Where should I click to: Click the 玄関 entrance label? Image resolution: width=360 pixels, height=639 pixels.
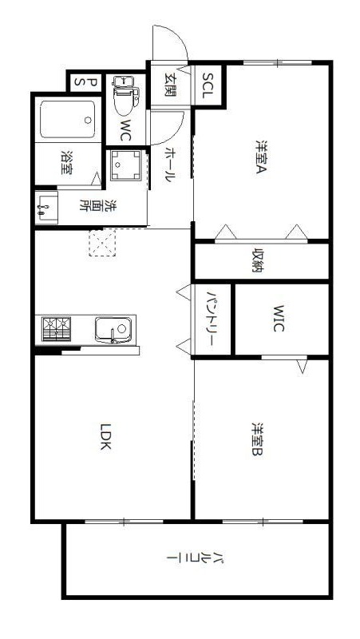tap(170, 85)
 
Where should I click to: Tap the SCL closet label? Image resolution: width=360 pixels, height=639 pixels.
tap(208, 85)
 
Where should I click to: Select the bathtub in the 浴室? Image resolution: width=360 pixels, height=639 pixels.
tap(68, 119)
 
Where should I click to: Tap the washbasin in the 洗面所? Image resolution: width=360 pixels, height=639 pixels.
tap(46, 208)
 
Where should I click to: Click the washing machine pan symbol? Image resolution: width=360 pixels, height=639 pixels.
tap(125, 165)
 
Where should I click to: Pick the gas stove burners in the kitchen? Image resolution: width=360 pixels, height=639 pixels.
tap(56, 329)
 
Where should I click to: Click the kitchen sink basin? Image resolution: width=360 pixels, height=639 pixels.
tap(113, 330)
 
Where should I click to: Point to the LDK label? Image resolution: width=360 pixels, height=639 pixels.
tap(105, 436)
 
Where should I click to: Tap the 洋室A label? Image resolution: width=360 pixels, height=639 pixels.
tap(262, 157)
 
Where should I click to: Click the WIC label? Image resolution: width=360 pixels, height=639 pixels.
tap(278, 318)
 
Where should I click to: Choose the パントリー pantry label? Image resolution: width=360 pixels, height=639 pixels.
tap(211, 319)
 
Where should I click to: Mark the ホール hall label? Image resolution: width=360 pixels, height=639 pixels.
tap(169, 165)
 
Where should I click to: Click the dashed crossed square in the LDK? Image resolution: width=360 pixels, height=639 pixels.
tap(102, 243)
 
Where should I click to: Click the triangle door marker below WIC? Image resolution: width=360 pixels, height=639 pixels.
tap(302, 366)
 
